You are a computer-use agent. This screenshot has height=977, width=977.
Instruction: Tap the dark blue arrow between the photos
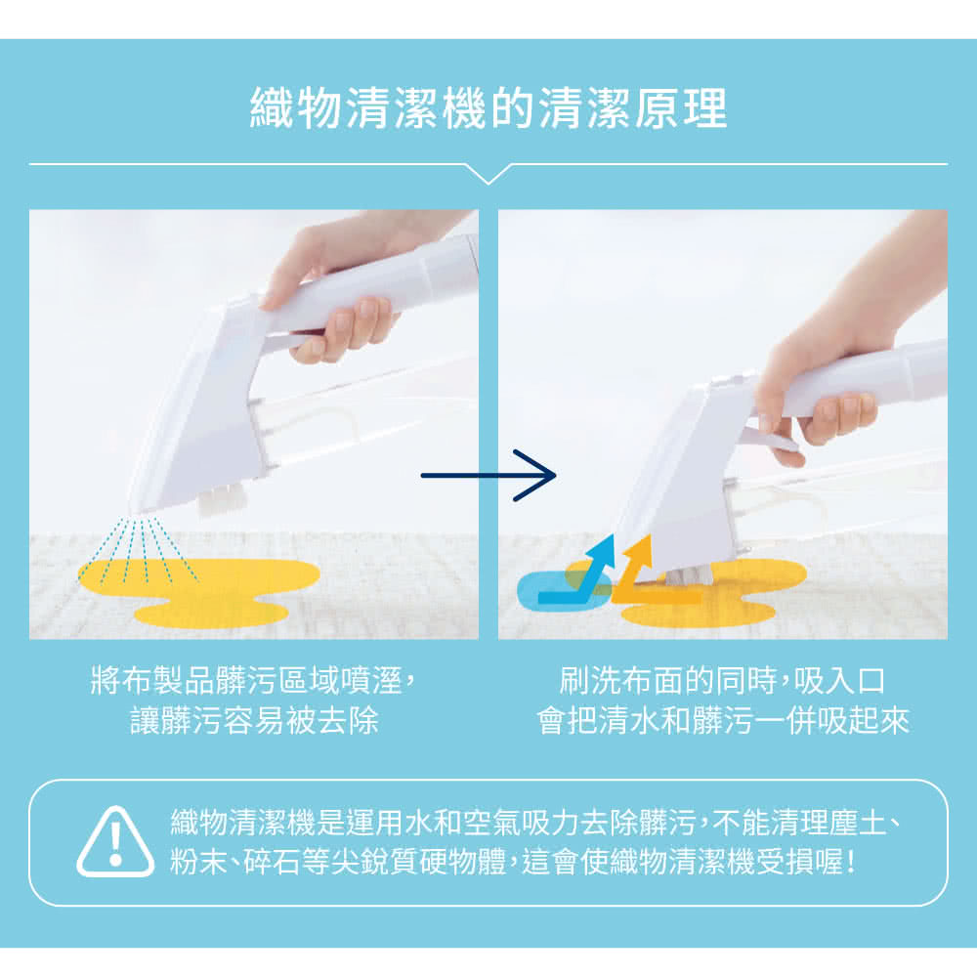click(488, 476)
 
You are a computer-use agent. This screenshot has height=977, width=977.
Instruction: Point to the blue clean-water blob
click(548, 589)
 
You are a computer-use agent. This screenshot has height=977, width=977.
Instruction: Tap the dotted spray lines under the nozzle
click(145, 549)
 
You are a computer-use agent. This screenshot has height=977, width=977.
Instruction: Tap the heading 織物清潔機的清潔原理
click(488, 107)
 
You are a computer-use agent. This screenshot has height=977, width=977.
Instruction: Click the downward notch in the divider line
click(488, 176)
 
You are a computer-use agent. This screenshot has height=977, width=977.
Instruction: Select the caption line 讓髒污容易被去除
click(254, 720)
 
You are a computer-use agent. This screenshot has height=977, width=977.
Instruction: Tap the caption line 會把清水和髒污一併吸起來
click(723, 720)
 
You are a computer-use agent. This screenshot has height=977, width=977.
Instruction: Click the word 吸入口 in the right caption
click(839, 680)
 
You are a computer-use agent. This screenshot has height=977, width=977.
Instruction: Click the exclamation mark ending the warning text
click(852, 862)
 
